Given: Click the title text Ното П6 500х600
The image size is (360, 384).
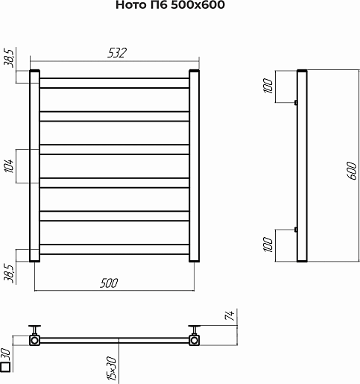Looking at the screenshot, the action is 170,4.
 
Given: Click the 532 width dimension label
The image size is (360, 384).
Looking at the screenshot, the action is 117,53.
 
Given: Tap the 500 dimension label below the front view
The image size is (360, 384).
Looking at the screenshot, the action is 109,283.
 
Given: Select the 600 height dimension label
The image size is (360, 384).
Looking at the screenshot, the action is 351,170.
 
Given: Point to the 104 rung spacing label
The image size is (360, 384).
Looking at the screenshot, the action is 9,166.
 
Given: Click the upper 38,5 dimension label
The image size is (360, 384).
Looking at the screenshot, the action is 8,58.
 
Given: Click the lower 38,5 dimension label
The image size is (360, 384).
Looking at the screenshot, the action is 8,273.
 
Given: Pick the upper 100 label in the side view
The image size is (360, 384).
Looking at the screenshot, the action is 268,86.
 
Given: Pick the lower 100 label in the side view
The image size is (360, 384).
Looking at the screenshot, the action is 268,245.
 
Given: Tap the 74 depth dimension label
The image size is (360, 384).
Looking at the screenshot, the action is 229,315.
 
